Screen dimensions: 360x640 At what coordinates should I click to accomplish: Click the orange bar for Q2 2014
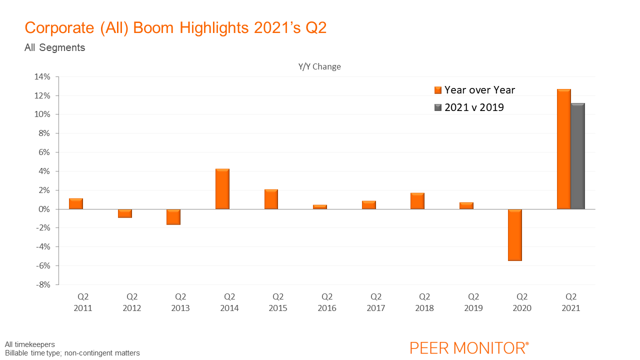tap(222, 189)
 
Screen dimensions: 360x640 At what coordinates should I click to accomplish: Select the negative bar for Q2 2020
tap(515, 234)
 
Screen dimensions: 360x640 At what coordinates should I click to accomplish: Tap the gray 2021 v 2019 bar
tap(578, 156)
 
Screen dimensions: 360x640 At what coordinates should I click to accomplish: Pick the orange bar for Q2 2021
tap(564, 149)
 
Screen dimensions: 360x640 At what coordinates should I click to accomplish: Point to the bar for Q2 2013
tap(174, 216)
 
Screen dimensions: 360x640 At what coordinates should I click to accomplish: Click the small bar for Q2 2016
tap(320, 206)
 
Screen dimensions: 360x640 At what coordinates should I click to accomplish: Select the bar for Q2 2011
tap(76, 203)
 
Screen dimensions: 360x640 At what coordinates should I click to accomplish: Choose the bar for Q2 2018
tap(417, 200)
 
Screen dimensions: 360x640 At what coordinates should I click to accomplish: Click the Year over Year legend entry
tap(474, 90)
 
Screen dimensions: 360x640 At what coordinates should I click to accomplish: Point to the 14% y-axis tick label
tap(42, 76)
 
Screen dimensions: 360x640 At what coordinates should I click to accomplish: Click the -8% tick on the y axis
tap(42, 284)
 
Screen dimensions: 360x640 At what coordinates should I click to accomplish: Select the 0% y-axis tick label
tap(45, 209)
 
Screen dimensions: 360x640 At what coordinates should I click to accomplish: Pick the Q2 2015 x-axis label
tap(278, 302)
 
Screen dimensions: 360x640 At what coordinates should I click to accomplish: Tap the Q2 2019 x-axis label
tap(473, 302)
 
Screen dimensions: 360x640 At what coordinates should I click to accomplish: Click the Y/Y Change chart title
tap(319, 66)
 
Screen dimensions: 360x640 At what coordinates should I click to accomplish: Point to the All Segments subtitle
tap(54, 48)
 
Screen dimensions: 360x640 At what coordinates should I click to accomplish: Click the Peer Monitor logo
tap(469, 347)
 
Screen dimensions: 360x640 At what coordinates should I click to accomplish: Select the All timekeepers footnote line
tap(30, 344)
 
